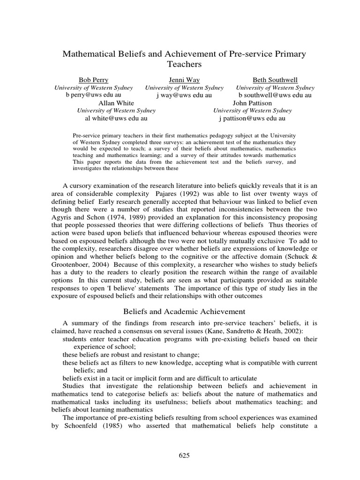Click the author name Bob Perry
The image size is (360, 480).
(93, 80)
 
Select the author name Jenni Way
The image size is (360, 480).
(184, 80)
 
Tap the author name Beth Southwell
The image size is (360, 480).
(275, 80)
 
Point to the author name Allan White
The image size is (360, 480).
(116, 103)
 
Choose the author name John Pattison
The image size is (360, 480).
(252, 103)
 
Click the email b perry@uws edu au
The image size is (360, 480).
(93, 95)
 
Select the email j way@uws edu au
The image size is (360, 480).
(184, 95)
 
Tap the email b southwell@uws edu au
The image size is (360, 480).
(275, 95)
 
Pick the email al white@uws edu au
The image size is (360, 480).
(116, 119)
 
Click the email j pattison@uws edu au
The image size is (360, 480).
(252, 119)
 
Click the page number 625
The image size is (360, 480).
(184, 455)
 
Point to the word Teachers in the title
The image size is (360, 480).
(184, 64)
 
